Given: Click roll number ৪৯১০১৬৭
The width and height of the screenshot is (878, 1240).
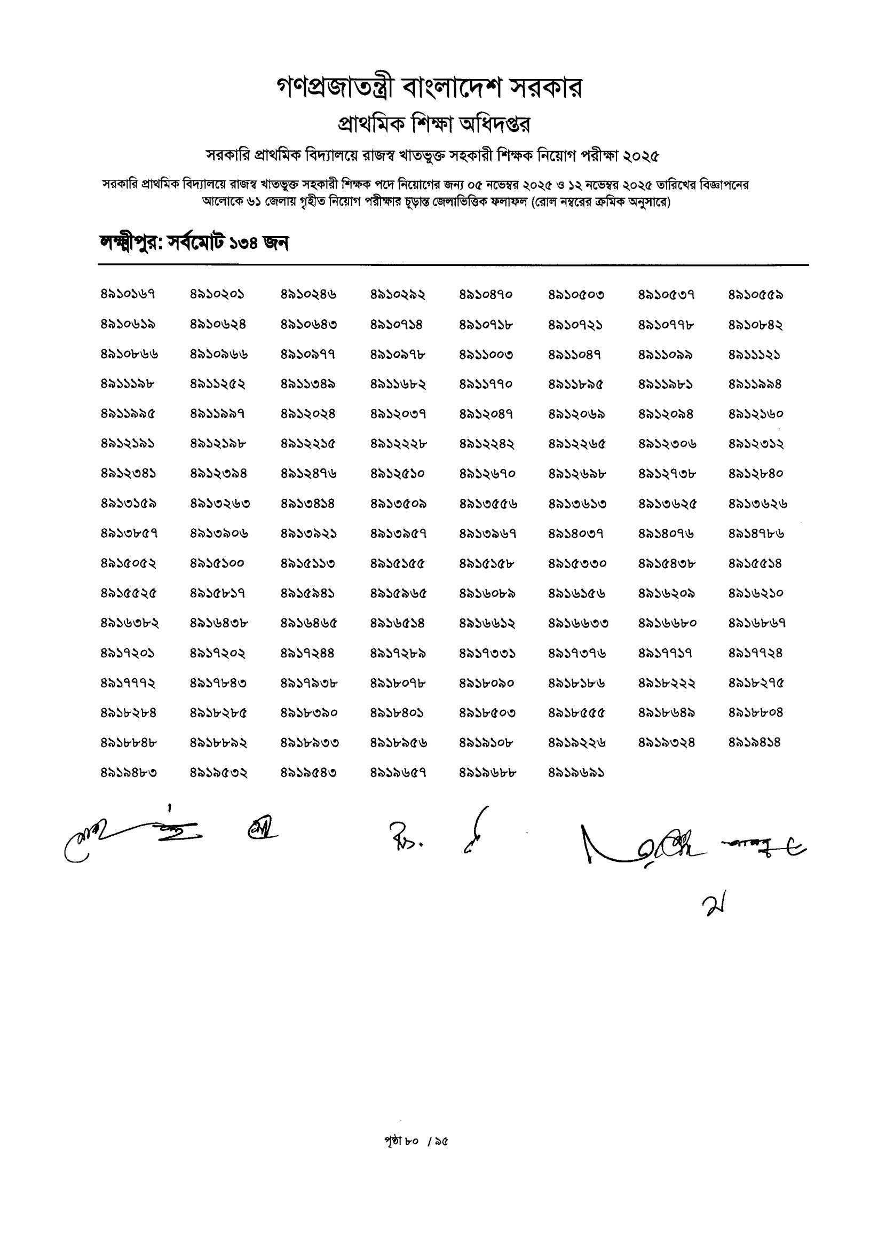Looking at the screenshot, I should (128, 295).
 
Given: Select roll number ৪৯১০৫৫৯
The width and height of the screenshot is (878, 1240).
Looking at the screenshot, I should (755, 295).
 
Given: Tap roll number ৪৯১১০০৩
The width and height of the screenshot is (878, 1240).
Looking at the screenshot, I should (486, 355).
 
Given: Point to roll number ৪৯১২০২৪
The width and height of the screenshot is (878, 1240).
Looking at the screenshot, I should (307, 414).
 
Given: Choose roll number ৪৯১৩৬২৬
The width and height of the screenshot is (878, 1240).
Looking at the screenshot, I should (757, 504).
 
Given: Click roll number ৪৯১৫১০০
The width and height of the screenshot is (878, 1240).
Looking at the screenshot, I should (217, 563).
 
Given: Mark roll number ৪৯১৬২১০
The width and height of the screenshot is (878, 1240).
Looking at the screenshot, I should (755, 593).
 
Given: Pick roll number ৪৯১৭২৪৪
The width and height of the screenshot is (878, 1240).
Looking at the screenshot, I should (307, 653).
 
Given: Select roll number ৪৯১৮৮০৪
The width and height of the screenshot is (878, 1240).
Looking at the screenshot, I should (755, 713).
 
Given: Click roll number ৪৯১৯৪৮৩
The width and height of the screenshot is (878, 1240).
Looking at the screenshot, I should (129, 773).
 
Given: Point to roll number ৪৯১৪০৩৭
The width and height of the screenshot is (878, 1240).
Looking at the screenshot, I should (576, 533).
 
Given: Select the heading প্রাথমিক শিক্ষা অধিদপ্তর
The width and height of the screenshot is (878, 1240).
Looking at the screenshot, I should (433, 124).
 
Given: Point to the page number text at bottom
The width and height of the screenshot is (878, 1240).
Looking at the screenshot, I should (416, 1141).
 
